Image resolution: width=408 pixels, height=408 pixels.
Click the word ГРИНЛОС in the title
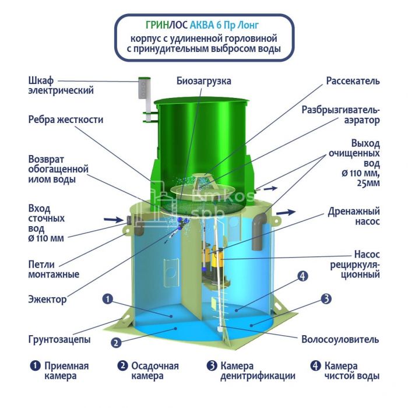[167, 25]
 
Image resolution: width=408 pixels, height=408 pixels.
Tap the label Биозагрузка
[204, 81]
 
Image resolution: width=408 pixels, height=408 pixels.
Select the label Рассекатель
[353, 81]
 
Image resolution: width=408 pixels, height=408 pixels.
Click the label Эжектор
[47, 299]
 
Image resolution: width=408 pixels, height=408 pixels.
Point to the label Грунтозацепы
[59, 339]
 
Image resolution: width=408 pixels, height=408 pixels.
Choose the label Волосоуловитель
[340, 339]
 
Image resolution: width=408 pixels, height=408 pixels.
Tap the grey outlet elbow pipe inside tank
[259, 231]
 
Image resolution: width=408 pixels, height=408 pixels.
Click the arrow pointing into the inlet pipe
[113, 220]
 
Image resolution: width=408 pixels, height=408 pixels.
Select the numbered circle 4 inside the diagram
[303, 276]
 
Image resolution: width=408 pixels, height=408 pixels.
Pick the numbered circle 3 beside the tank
[326, 299]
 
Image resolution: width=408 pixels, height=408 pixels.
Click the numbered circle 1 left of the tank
[108, 299]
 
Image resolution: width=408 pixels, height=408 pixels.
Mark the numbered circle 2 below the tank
[117, 343]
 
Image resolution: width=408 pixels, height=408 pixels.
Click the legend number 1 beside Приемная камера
[35, 365]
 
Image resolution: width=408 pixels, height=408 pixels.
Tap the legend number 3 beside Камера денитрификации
[212, 365]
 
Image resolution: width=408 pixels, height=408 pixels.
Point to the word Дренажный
[354, 212]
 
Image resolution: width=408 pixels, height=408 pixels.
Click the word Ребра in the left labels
[41, 119]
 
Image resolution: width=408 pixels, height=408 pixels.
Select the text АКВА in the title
[202, 25]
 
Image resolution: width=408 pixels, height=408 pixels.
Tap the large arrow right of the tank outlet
[286, 212]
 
